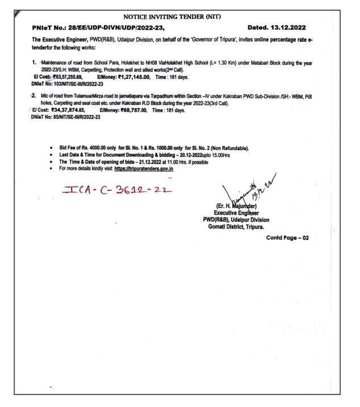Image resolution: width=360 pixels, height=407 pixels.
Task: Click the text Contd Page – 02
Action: pyautogui.click(x=287, y=238)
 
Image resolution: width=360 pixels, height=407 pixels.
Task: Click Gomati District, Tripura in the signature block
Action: pyautogui.click(x=236, y=226)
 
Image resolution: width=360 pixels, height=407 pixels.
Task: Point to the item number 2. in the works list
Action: pyautogui.click(x=35, y=96)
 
